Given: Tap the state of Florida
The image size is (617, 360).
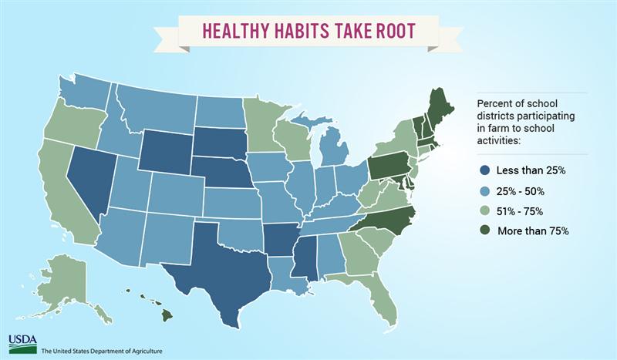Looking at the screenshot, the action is (x=376, y=299).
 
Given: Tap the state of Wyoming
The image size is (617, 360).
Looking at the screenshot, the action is (x=166, y=151).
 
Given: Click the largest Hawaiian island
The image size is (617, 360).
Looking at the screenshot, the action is (x=167, y=314).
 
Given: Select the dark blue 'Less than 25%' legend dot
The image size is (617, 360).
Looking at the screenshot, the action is (x=484, y=171).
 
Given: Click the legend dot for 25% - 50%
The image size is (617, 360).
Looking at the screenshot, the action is (x=484, y=192).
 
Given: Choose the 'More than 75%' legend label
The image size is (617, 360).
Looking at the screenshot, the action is (x=533, y=231).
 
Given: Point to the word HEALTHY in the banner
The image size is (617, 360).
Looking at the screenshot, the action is (x=235, y=31).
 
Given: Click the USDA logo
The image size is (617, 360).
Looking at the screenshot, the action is (x=22, y=345).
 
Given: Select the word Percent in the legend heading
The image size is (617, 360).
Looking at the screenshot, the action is (x=491, y=103).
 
